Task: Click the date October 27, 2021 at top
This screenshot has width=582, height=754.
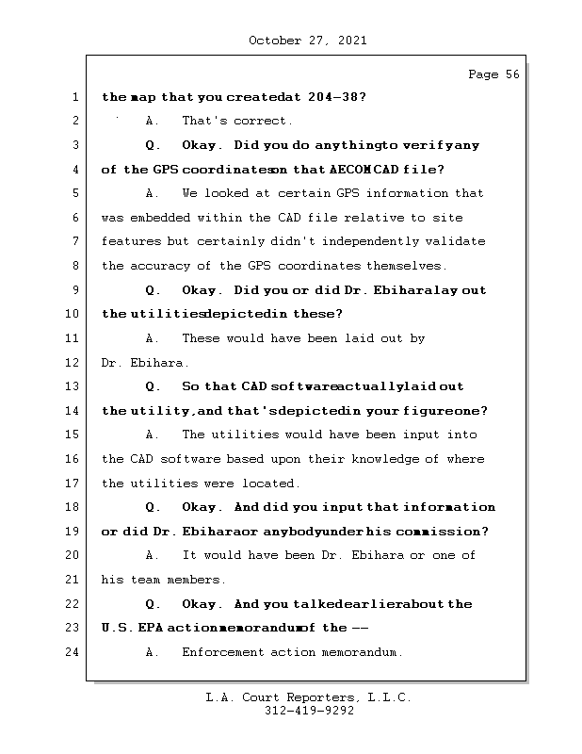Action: [x=307, y=41]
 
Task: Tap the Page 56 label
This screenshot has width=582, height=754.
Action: [x=493, y=74]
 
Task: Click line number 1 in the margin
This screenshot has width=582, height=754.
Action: [x=74, y=97]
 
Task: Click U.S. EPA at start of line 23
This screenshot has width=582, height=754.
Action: [x=132, y=628]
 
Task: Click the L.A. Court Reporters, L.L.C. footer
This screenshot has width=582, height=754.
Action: [x=308, y=697]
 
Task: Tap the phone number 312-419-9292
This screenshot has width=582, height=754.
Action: [x=309, y=712]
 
